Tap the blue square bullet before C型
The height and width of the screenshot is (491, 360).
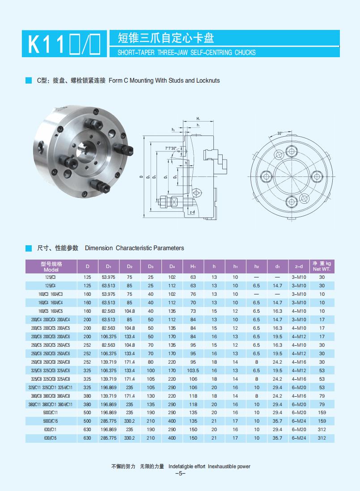click(29, 80)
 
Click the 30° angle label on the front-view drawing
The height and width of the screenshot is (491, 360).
click(280, 134)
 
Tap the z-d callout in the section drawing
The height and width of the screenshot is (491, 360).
click(192, 212)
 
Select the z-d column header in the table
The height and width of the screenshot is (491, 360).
click(299, 267)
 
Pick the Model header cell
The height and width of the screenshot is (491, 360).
click(51, 266)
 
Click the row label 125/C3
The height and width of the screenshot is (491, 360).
click(50, 277)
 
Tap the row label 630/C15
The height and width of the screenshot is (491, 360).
click(50, 438)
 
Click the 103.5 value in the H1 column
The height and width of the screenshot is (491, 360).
click(193, 370)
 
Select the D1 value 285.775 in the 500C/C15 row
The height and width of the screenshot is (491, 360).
click(108, 421)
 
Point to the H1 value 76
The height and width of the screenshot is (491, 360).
click(193, 294)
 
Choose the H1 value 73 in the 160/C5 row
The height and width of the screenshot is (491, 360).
click(193, 311)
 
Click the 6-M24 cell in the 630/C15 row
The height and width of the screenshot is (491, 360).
click(299, 438)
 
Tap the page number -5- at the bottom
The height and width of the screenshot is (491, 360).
click(180, 474)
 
